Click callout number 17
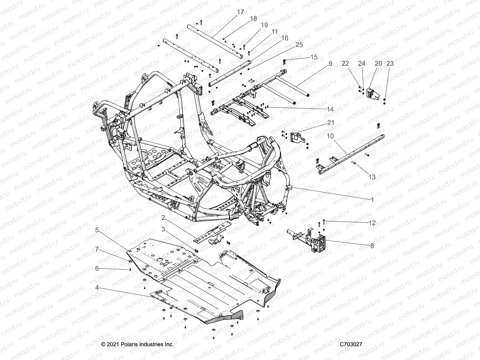[241, 12]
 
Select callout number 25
[299, 45]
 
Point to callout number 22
[345, 64]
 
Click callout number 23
[390, 64]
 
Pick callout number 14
[330, 109]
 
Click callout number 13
[372, 177]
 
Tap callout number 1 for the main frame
[372, 200]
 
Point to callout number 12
[372, 223]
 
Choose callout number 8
[372, 246]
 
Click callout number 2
[163, 217]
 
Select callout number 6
[97, 268]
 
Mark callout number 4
[97, 287]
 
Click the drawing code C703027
[351, 344]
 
